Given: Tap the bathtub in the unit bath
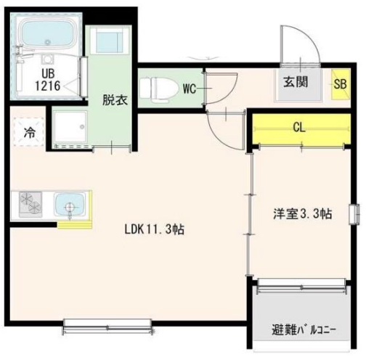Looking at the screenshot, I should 47,33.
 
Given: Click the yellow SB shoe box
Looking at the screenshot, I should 339,81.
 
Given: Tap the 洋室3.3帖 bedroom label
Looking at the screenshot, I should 304,214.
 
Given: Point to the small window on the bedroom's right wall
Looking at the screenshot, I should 354,215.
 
